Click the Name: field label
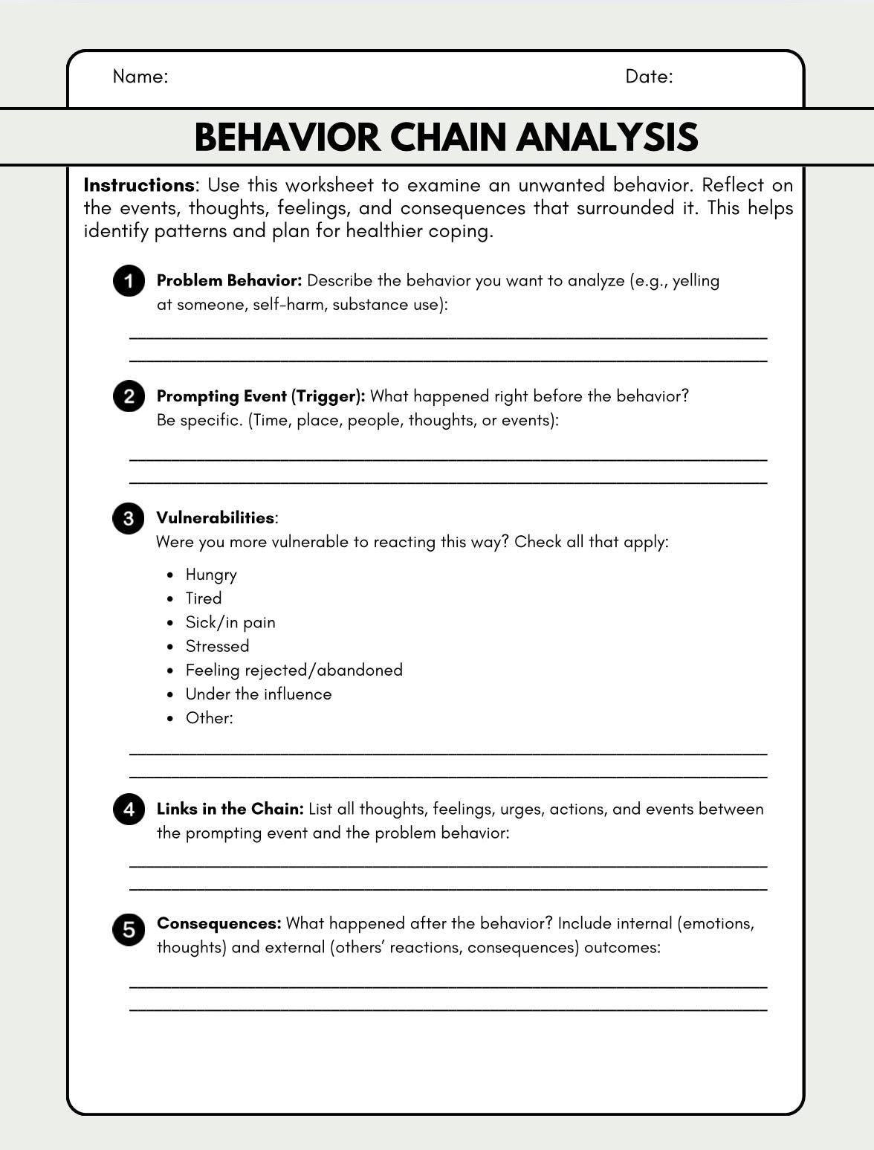coord(140,77)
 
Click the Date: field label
coord(649,77)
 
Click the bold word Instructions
coord(138,185)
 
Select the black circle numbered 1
coord(129,281)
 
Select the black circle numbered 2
coord(129,396)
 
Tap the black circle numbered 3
coord(129,518)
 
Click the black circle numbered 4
coord(129,809)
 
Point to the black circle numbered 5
coord(129,930)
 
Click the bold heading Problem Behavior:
coord(229,281)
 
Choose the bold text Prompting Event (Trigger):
coord(260,396)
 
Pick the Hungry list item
coord(211,575)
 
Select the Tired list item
coord(203,598)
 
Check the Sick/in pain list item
coord(230,622)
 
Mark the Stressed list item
coord(217,646)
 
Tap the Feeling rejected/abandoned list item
coord(294,670)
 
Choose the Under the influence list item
coord(258,694)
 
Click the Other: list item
coord(209,717)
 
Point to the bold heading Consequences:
coord(218,923)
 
